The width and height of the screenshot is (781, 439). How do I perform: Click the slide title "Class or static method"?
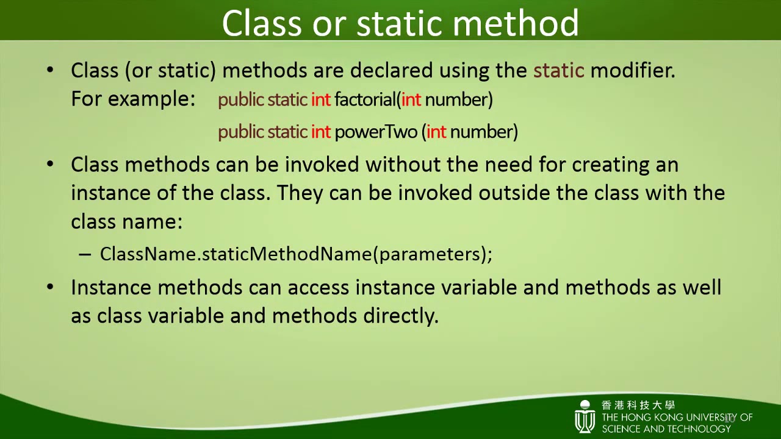coord(400,23)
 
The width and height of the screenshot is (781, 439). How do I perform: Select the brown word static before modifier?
coord(558,71)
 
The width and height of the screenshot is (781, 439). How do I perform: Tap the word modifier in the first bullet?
coord(632,71)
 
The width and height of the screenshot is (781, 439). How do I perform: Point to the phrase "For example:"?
coord(132,99)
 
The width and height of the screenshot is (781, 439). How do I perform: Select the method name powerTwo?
coord(375,132)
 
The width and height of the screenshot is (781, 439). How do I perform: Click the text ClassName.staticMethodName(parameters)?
coord(296,254)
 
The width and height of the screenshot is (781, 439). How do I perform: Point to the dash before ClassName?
coord(85,255)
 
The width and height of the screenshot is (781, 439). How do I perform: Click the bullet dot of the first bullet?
coord(50,71)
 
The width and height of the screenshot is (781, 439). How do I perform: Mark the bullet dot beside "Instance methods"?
coord(50,287)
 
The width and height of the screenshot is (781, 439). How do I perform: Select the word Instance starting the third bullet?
coord(111,287)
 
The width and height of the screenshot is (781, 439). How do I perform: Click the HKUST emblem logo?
coord(585,417)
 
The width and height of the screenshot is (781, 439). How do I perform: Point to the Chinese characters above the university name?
coord(638,405)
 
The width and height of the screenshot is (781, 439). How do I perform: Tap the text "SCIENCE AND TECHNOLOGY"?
coord(666,429)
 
